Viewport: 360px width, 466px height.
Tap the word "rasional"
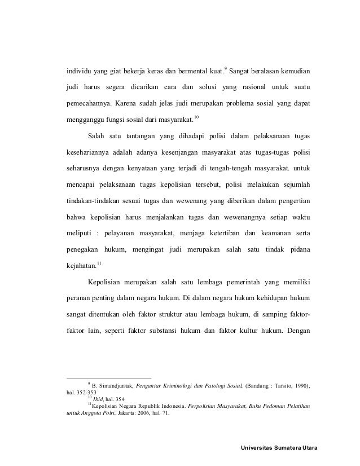(248, 89)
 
